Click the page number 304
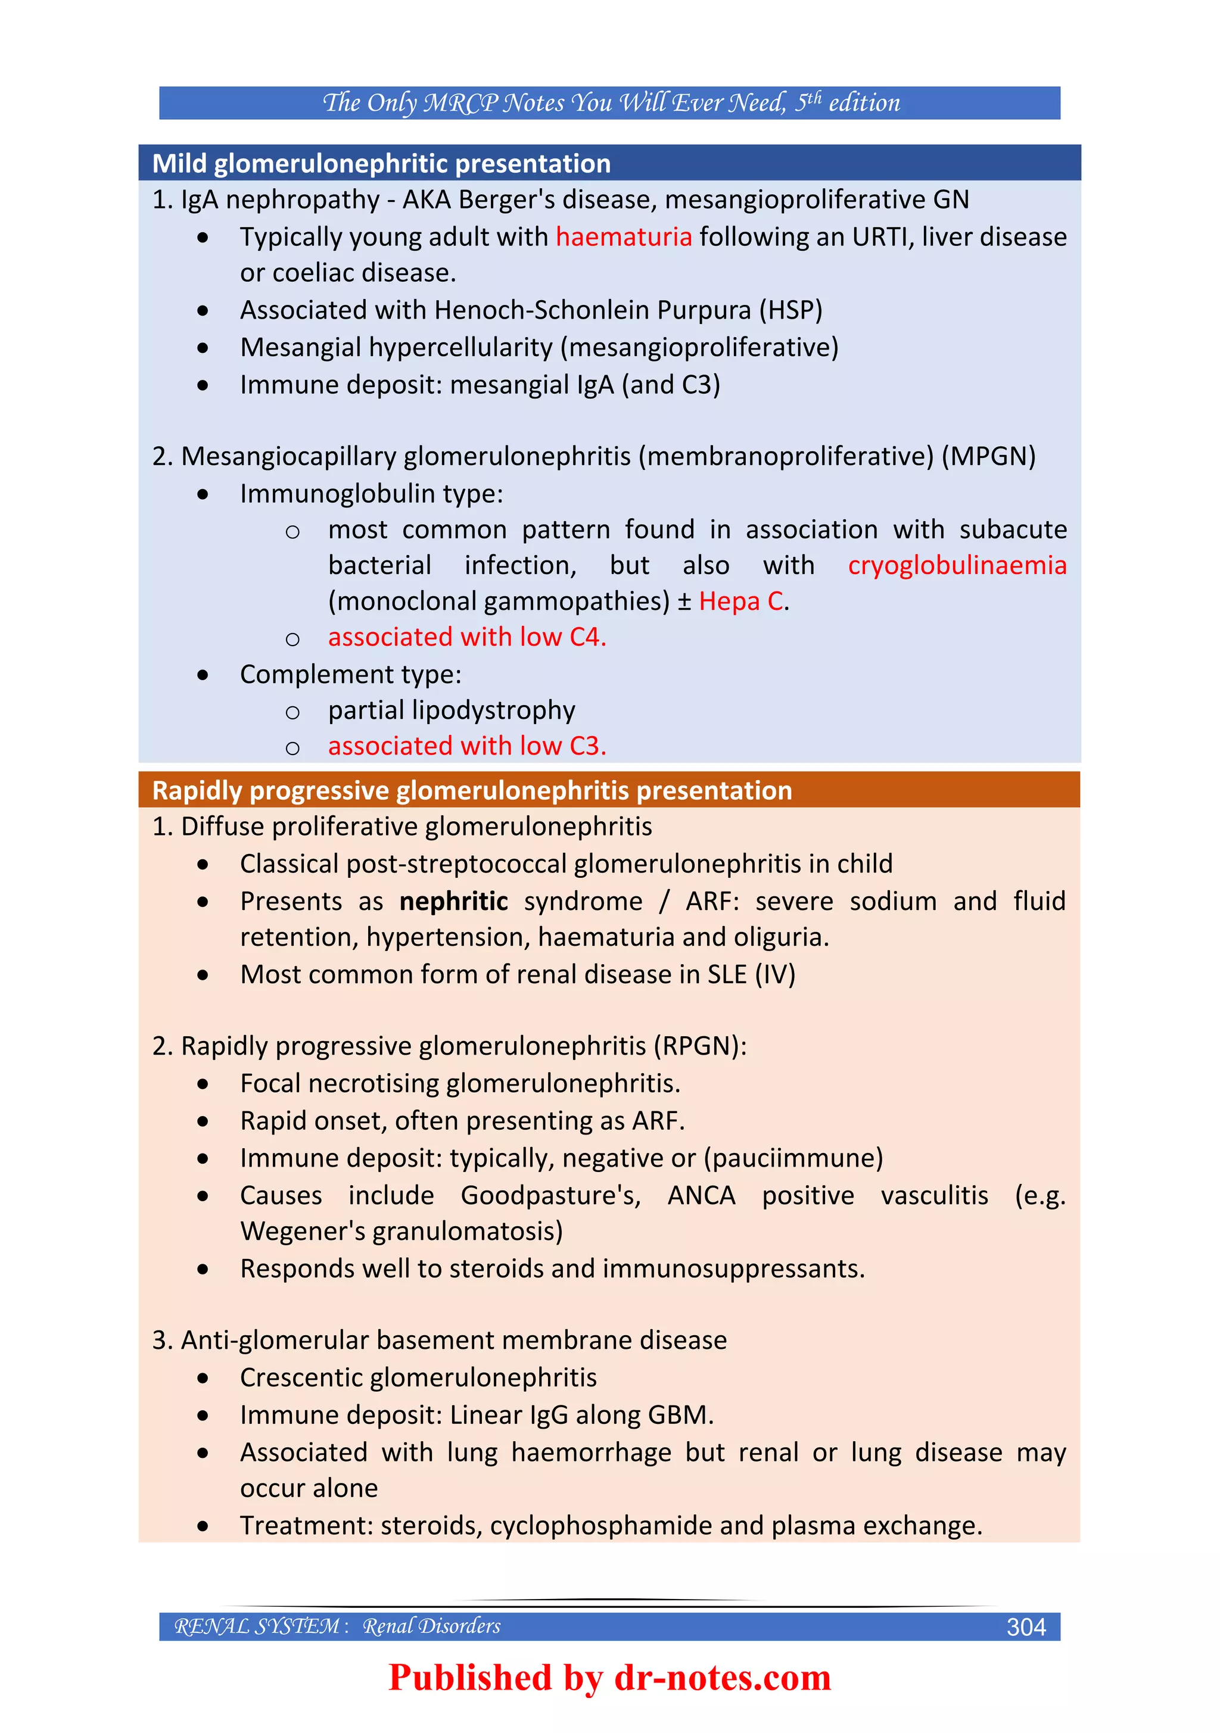[x=1025, y=1626]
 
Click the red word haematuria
[x=624, y=237]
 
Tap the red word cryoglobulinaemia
[x=957, y=565]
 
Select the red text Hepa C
[x=742, y=601]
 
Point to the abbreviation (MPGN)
[x=988, y=457]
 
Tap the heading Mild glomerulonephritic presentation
[x=381, y=164]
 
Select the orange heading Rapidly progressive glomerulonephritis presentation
[x=472, y=790]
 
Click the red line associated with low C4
[x=466, y=637]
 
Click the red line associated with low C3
[x=466, y=746]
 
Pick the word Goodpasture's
[x=550, y=1196]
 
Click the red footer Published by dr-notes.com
[x=609, y=1677]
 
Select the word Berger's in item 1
[x=506, y=200]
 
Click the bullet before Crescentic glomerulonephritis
[x=203, y=1378]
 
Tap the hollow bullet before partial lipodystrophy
[x=292, y=712]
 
